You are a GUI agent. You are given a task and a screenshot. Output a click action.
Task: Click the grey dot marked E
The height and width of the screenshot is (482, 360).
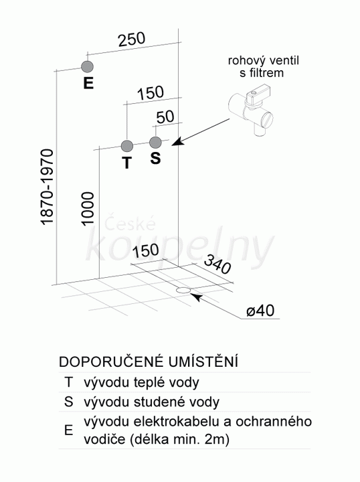click(x=88, y=66)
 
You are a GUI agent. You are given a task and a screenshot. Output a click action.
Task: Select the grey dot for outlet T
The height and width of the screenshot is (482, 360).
click(x=127, y=146)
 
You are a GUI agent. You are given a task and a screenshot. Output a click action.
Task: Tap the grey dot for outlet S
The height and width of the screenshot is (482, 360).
click(x=155, y=143)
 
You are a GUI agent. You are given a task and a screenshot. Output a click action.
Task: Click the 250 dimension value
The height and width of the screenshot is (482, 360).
click(x=132, y=39)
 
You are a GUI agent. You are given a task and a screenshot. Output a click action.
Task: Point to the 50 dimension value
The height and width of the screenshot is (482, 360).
click(x=165, y=116)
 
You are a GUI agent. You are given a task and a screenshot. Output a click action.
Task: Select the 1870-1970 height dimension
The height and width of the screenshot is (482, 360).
click(x=48, y=187)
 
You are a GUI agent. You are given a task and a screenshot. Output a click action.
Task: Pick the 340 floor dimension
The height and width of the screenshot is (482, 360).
click(x=217, y=264)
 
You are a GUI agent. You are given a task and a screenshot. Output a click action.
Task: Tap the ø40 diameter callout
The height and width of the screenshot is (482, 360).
click(x=260, y=311)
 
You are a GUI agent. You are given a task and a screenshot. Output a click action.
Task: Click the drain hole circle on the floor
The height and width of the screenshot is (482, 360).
click(x=184, y=290)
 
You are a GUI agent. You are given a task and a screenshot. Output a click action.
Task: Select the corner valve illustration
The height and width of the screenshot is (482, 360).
click(x=251, y=110)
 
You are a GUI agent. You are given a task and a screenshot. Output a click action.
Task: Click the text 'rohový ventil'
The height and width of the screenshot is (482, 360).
click(x=263, y=60)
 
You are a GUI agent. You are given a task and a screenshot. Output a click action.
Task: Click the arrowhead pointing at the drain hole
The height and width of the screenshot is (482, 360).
click(x=197, y=297)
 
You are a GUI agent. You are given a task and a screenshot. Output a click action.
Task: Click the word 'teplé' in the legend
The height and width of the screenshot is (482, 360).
click(x=152, y=383)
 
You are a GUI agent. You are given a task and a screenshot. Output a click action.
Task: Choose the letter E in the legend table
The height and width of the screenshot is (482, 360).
click(x=68, y=430)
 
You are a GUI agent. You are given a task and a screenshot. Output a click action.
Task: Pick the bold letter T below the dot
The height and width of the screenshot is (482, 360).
click(x=127, y=163)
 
